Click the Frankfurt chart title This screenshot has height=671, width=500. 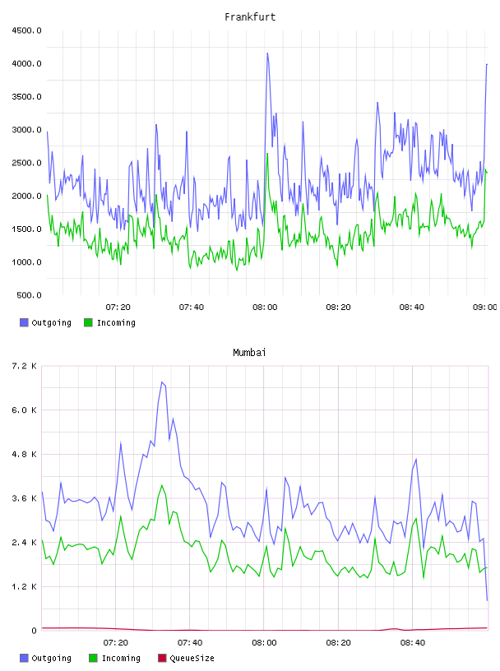pyautogui.click(x=250, y=17)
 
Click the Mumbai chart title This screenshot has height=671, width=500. pyautogui.click(x=249, y=353)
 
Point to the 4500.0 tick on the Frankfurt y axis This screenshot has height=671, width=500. pyautogui.click(x=26, y=30)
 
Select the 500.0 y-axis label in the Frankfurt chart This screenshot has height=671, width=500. pyautogui.click(x=29, y=295)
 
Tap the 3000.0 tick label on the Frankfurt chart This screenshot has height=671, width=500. pyautogui.click(x=26, y=130)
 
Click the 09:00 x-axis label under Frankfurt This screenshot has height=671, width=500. pyautogui.click(x=485, y=308)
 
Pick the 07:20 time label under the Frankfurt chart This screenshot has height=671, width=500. pyautogui.click(x=118, y=308)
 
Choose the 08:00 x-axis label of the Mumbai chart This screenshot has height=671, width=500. pyautogui.click(x=264, y=643)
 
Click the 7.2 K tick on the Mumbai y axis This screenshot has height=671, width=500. pyautogui.click(x=24, y=366)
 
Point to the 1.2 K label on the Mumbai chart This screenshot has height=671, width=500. pyautogui.click(x=24, y=586)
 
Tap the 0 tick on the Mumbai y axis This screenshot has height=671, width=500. pyautogui.click(x=34, y=631)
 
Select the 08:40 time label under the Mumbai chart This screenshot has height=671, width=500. pyautogui.click(x=413, y=643)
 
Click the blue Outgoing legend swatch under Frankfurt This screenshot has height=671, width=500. pyautogui.click(x=24, y=322)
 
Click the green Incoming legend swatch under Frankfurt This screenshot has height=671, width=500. pyautogui.click(x=88, y=322)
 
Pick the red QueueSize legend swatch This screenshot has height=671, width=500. pyautogui.click(x=162, y=658)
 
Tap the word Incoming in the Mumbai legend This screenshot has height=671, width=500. pyautogui.click(x=121, y=659)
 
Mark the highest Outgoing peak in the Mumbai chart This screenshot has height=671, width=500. pyautogui.click(x=162, y=382)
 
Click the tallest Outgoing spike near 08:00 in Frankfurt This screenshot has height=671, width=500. pyautogui.click(x=267, y=53)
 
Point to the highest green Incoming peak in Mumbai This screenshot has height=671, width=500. pyautogui.click(x=162, y=485)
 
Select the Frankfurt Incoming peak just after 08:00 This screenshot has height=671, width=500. pyautogui.click(x=267, y=154)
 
